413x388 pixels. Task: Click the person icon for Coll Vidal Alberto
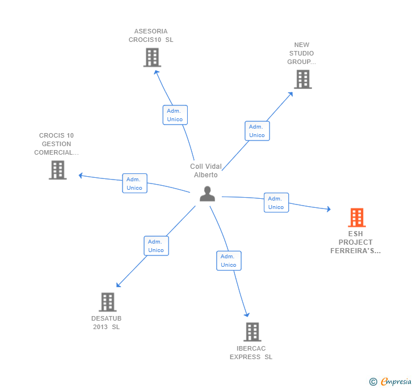(x=208, y=194)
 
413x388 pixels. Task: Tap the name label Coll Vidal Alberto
(x=206, y=170)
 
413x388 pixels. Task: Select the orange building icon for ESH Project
(x=356, y=218)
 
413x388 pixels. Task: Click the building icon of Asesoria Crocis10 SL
(x=152, y=57)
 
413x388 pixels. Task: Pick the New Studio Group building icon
(x=303, y=79)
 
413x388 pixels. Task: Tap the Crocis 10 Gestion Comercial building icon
(x=58, y=170)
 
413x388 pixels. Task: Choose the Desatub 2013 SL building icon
(x=107, y=302)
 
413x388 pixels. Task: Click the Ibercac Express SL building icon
(x=252, y=332)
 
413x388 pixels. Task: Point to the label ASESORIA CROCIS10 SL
(x=151, y=36)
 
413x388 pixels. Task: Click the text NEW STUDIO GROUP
(x=301, y=53)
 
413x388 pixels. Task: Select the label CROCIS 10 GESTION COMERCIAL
(x=56, y=144)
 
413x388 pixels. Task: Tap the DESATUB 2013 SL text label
(x=106, y=322)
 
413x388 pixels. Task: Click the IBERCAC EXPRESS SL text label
(x=251, y=352)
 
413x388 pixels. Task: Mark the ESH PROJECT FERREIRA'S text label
(x=356, y=242)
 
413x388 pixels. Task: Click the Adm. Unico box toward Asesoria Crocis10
(x=175, y=115)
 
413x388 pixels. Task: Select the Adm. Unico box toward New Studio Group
(x=257, y=131)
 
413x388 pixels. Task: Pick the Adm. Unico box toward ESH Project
(x=276, y=203)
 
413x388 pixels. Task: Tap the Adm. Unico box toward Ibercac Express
(x=229, y=261)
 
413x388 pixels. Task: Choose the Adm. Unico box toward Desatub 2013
(x=156, y=246)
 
